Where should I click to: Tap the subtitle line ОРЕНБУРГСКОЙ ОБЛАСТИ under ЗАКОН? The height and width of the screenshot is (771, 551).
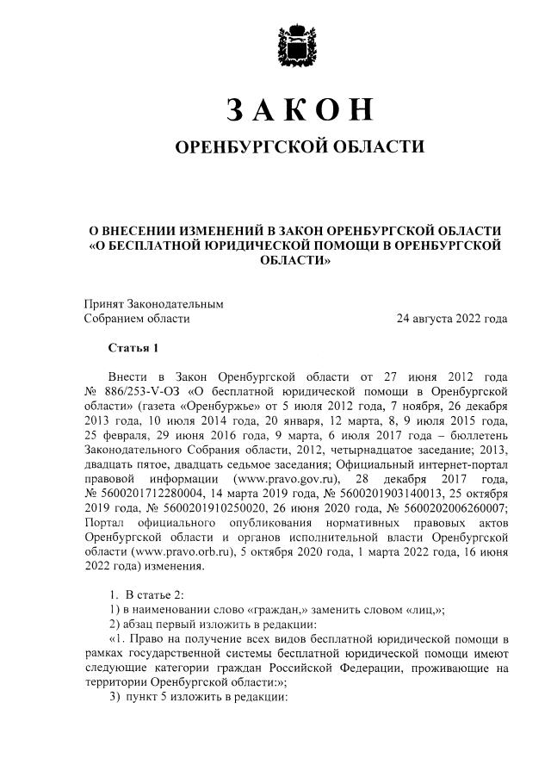point(300,147)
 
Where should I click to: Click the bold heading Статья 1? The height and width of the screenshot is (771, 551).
point(133,349)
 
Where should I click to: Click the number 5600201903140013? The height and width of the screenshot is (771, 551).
point(368,494)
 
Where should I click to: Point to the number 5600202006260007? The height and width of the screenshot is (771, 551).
point(455,508)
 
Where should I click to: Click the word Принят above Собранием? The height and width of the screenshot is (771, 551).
point(103,303)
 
